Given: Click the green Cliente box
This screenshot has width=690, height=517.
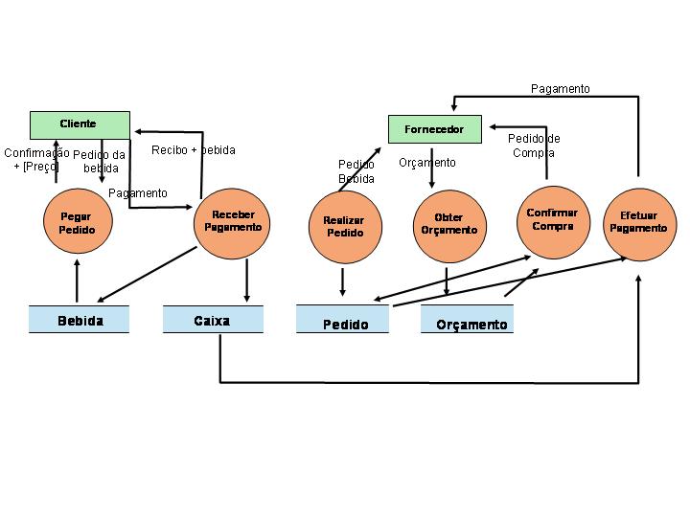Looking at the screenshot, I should click(80, 124).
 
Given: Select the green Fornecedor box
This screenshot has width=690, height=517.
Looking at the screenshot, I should click(434, 129).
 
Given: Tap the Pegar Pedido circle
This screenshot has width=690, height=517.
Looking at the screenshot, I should click(76, 223).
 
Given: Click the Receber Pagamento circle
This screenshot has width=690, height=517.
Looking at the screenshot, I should click(233, 221).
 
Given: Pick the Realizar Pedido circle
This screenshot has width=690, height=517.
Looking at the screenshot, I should click(344, 227).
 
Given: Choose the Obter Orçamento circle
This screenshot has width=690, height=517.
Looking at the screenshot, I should click(448, 224).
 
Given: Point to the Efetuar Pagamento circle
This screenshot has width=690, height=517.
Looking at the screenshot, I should click(637, 222).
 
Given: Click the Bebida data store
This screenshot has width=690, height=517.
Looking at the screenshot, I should click(80, 321).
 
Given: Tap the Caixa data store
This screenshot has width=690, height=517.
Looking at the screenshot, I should click(212, 321).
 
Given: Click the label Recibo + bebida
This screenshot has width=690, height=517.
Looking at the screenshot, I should click(193, 150).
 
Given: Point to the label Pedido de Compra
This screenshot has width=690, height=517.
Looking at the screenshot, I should click(534, 146).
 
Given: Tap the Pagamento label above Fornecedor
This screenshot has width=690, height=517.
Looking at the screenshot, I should click(561, 89).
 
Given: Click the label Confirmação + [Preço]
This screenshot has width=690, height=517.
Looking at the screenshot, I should click(35, 159).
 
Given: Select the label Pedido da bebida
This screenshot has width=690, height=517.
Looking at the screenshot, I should click(100, 162).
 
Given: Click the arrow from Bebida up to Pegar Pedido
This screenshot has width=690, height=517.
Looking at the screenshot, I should click(77, 282).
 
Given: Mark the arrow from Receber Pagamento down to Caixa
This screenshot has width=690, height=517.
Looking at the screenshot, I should click(247, 280).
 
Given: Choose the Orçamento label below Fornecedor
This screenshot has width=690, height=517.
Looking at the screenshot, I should click(427, 163).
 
